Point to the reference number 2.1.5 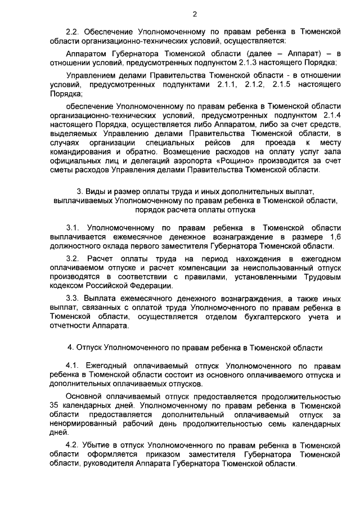click(x=281, y=84)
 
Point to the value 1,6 click(x=334, y=238)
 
